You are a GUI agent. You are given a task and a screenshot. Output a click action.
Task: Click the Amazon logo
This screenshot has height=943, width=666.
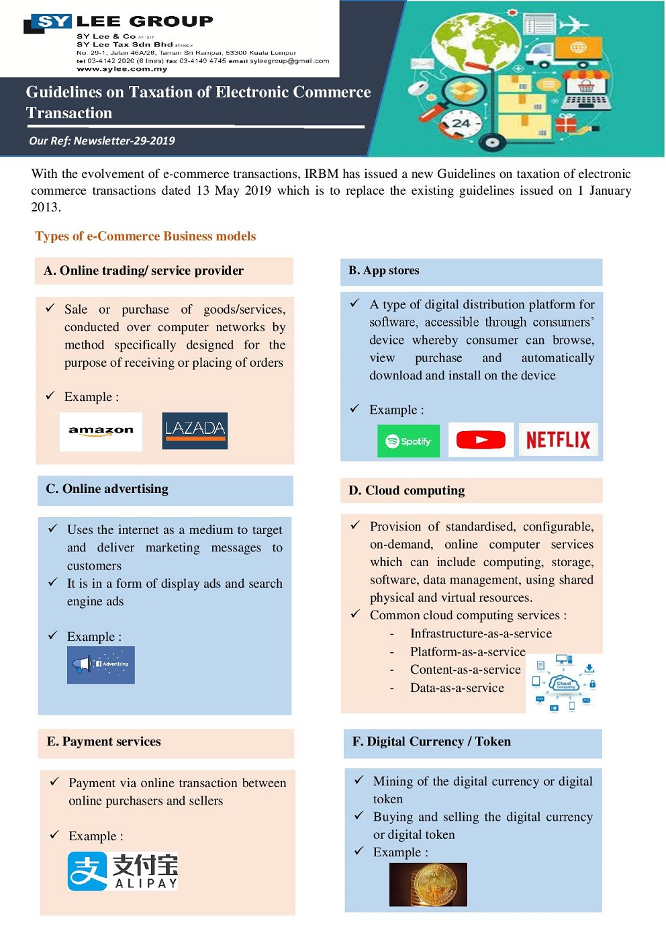tap(101, 431)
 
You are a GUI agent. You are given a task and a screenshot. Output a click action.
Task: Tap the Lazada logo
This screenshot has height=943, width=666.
tap(195, 431)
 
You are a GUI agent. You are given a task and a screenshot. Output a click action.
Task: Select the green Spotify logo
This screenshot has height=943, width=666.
tap(408, 441)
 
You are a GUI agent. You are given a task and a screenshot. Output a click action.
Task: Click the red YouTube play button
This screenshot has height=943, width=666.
tap(481, 440)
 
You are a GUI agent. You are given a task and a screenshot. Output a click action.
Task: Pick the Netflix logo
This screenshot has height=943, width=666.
tap(558, 440)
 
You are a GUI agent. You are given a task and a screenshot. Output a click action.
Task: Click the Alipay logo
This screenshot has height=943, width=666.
tap(123, 871)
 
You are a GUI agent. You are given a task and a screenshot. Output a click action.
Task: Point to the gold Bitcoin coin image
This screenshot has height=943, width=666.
tap(428, 885)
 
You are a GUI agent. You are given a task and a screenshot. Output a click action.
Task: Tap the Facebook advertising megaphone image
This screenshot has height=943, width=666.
tap(101, 664)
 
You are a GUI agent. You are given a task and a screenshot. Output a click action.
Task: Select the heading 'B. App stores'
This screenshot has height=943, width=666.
tap(384, 271)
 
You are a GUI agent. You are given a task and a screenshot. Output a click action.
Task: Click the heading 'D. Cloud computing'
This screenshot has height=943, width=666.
tap(406, 490)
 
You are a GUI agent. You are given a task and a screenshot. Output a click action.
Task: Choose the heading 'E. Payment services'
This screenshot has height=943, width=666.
tap(104, 742)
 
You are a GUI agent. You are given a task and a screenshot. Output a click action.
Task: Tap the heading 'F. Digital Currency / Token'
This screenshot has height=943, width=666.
tap(432, 742)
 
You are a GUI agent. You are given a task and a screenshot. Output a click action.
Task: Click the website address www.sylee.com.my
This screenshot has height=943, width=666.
tap(122, 69)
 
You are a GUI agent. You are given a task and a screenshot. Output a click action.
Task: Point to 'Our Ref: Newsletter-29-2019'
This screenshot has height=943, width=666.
tap(101, 141)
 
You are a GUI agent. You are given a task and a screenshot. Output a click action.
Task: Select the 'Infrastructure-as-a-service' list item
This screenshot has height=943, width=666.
tap(481, 633)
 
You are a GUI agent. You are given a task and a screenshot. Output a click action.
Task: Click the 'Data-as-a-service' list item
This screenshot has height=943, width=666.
tap(457, 688)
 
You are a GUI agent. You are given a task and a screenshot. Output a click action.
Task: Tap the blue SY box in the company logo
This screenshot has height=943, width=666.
tap(53, 21)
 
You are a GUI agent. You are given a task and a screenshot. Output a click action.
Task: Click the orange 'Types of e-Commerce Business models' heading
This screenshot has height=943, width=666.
tap(145, 236)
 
